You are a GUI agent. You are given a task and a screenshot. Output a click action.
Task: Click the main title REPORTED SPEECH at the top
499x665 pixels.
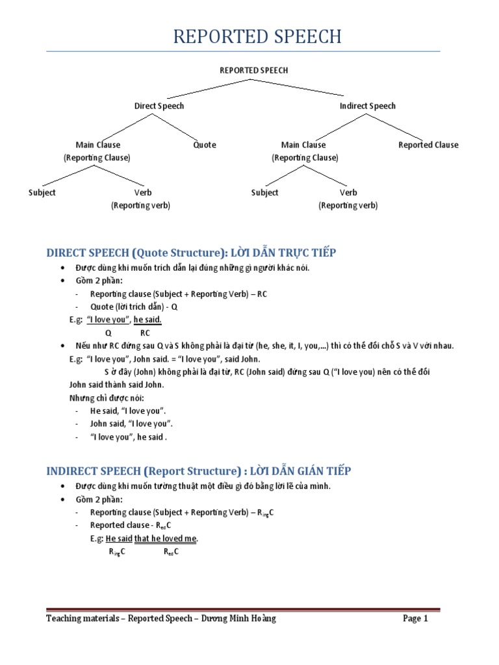pos(257,36)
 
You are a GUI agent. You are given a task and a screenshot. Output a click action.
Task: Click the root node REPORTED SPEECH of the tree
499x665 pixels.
pos(253,70)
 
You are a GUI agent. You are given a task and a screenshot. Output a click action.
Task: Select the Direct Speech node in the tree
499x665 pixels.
pos(159,106)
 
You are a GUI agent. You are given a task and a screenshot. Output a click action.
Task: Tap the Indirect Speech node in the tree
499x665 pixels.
pos(367,106)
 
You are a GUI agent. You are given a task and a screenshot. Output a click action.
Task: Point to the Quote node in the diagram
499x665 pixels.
pos(205,145)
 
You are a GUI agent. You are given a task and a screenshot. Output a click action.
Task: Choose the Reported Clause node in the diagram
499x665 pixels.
pos(428,145)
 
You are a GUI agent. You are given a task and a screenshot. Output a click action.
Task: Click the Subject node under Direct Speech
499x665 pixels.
pos(42,192)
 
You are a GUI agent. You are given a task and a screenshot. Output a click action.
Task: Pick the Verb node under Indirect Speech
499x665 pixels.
pos(348,192)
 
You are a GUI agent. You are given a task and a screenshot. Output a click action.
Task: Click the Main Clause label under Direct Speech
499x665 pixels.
pos(98,145)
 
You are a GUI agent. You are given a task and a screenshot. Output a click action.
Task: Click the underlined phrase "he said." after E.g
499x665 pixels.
pos(147,320)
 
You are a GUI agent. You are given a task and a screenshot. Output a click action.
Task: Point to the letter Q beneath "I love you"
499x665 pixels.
pos(108,333)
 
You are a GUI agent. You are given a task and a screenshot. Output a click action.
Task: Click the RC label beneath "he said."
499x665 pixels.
pos(145,333)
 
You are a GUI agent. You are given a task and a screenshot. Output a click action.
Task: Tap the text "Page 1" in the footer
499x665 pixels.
pos(415,619)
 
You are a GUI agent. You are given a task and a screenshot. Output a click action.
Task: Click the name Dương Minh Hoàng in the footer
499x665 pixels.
pos(242,619)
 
